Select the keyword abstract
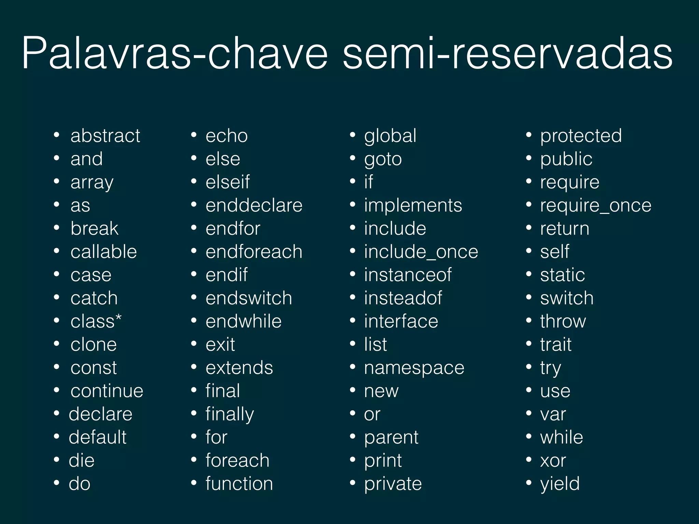point(105,136)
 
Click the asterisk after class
point(118,318)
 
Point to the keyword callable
point(103,252)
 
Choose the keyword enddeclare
point(254,205)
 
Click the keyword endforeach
point(254,252)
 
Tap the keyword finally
point(230,414)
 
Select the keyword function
point(239,484)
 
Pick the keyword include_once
point(421,252)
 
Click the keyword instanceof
point(408,275)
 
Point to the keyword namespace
point(414,368)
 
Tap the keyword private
point(393,484)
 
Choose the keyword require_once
point(596,205)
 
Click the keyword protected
point(581,136)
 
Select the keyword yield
point(560,484)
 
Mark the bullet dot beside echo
point(194,135)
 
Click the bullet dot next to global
point(353,135)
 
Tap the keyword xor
point(553,461)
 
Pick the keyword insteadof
point(403,298)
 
